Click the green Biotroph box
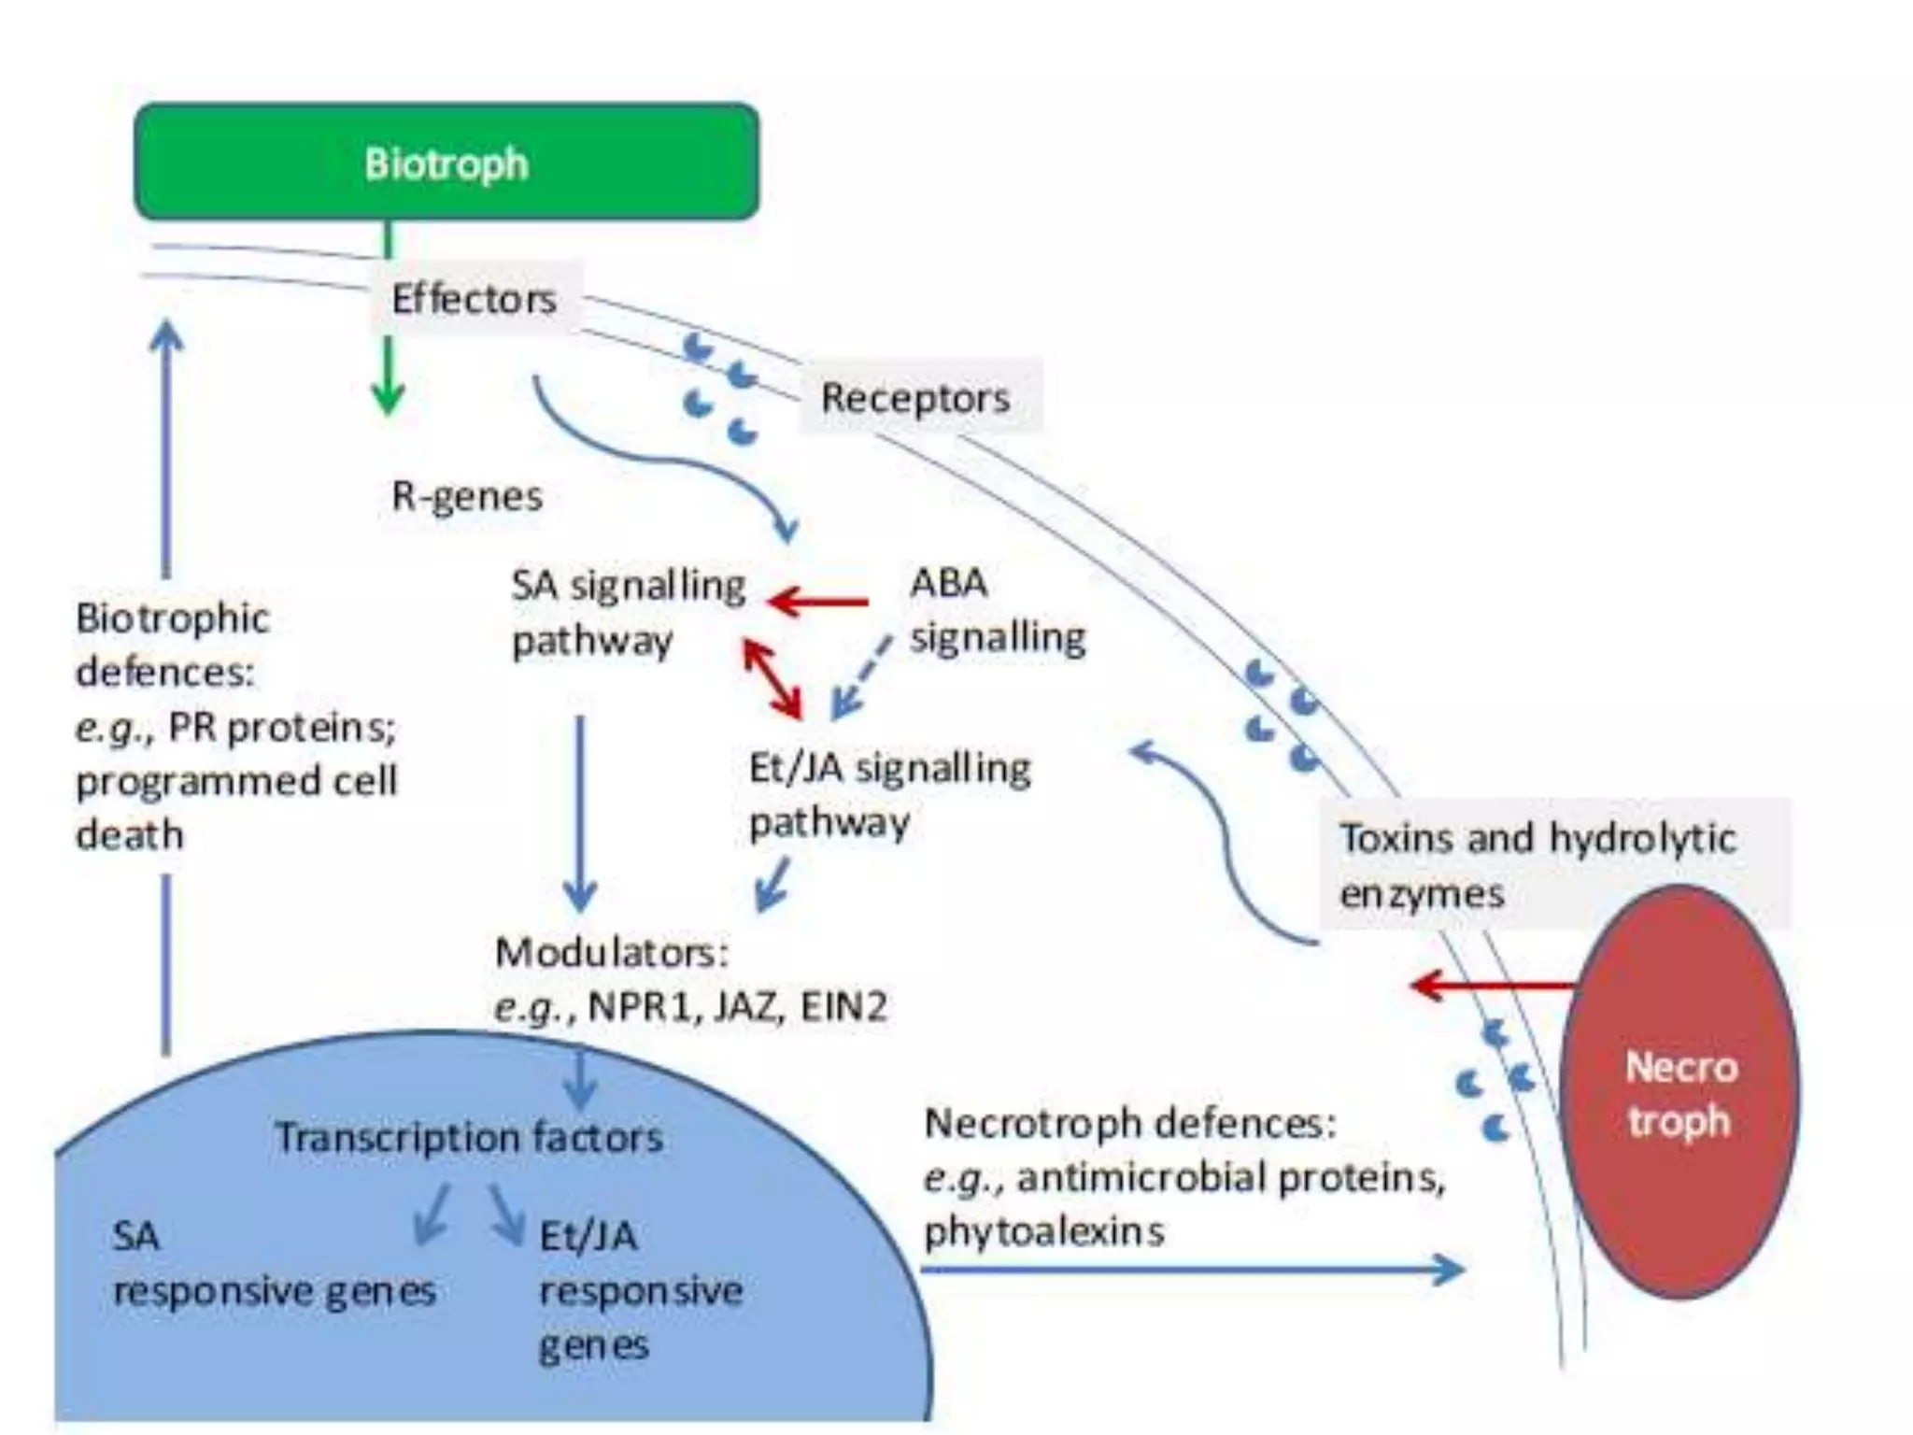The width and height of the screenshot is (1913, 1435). pyautogui.click(x=446, y=163)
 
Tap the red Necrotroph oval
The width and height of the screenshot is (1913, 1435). pyautogui.click(x=1680, y=1093)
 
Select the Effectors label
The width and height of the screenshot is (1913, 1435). pyautogui.click(x=474, y=300)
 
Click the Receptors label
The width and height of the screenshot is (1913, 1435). pyautogui.click(x=915, y=398)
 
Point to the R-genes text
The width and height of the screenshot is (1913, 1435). pyautogui.click(x=467, y=496)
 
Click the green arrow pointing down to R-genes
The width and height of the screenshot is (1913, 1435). pyautogui.click(x=388, y=377)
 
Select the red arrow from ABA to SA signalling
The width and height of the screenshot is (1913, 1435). pyautogui.click(x=818, y=602)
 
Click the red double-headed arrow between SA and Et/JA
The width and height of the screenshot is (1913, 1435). pyautogui.click(x=772, y=678)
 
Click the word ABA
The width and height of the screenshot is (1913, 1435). pyautogui.click(x=948, y=584)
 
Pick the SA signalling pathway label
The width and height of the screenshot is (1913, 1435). pyautogui.click(x=628, y=613)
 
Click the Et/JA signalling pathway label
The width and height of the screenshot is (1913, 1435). pyautogui.click(x=889, y=794)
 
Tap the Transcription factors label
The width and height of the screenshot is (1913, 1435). pyautogui.click(x=469, y=1138)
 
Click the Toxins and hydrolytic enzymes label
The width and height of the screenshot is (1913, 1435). pyautogui.click(x=1537, y=865)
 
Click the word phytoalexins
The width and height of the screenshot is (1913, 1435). pyautogui.click(x=1044, y=1232)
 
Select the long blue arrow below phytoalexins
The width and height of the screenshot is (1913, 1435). pyautogui.click(x=1191, y=1269)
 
